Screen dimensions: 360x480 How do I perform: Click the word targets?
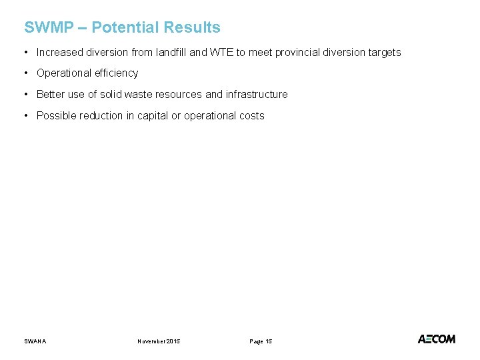(383, 52)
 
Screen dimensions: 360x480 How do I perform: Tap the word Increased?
(59, 52)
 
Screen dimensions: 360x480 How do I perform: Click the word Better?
(51, 95)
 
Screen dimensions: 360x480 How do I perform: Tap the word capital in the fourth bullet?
(153, 116)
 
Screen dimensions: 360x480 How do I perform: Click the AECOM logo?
(437, 339)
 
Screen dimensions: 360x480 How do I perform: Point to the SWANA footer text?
(35, 341)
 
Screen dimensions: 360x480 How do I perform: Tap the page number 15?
(268, 341)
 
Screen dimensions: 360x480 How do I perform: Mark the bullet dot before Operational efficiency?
(25, 73)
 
